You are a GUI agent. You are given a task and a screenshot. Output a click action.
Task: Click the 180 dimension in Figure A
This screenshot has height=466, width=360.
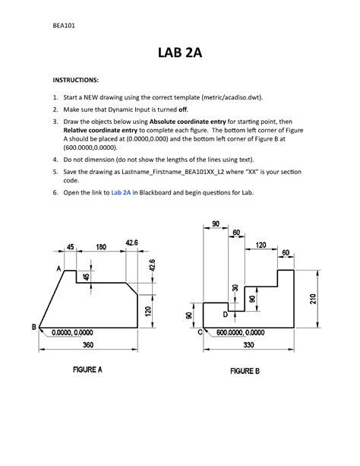coord(100,246)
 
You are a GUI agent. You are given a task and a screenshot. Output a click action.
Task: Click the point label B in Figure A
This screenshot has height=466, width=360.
coord(33,327)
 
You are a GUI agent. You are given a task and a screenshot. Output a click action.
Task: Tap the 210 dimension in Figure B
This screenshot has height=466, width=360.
coord(312,299)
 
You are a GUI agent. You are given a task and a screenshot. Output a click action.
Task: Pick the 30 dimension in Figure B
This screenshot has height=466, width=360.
coord(235,289)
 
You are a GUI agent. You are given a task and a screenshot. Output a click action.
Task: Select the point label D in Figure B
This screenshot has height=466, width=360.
coord(226,314)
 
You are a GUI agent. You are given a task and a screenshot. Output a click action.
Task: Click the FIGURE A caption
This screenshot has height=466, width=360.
coord(87,369)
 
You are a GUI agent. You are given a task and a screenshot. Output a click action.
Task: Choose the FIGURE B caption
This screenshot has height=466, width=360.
coord(245,371)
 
